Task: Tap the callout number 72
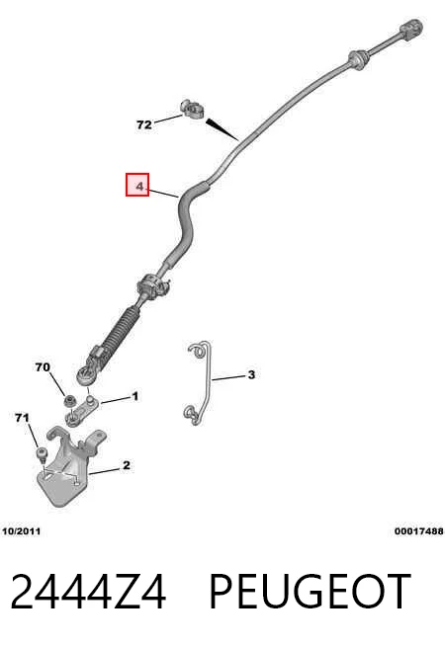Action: click(x=144, y=124)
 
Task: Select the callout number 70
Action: click(x=43, y=366)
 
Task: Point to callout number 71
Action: click(x=23, y=418)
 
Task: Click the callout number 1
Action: click(x=134, y=396)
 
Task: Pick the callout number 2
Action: click(x=127, y=465)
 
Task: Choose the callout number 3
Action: click(x=251, y=374)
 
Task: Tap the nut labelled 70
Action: click(x=69, y=400)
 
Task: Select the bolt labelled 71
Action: click(x=42, y=453)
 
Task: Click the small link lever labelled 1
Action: click(x=80, y=411)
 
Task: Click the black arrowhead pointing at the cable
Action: click(x=222, y=129)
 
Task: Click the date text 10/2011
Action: click(x=22, y=531)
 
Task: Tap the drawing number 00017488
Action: click(x=418, y=531)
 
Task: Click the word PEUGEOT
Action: click(x=311, y=592)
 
